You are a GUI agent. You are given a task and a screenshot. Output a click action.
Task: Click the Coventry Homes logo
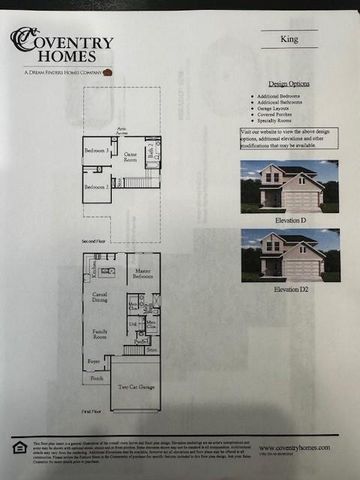[x=62, y=49]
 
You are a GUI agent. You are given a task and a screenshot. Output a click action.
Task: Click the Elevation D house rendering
[x=289, y=186]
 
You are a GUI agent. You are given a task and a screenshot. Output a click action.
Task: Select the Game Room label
[x=130, y=156]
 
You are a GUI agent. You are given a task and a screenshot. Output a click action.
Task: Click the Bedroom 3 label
[x=96, y=149]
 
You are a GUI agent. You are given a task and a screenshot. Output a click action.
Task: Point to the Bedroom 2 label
[x=96, y=187]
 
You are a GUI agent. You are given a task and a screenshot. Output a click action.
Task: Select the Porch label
[x=96, y=378]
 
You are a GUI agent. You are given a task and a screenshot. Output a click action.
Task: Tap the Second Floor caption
[x=96, y=241]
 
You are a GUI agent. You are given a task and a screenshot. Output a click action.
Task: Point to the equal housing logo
[x=19, y=448]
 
